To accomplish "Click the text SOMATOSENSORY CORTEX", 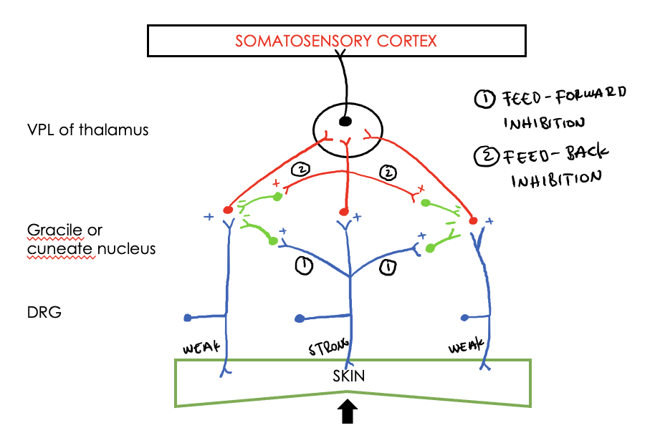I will [336, 41].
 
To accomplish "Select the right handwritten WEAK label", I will [466, 348].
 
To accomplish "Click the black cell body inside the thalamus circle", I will [345, 121].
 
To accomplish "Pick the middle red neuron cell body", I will [343, 212].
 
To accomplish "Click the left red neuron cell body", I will [228, 210].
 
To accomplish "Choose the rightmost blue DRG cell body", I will [464, 317].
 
